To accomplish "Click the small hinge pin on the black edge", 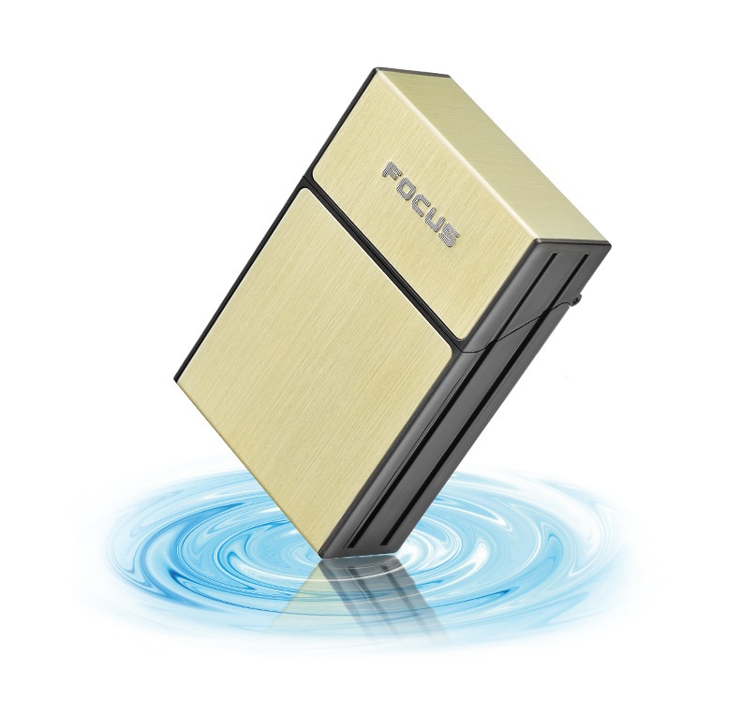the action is (577, 298).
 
